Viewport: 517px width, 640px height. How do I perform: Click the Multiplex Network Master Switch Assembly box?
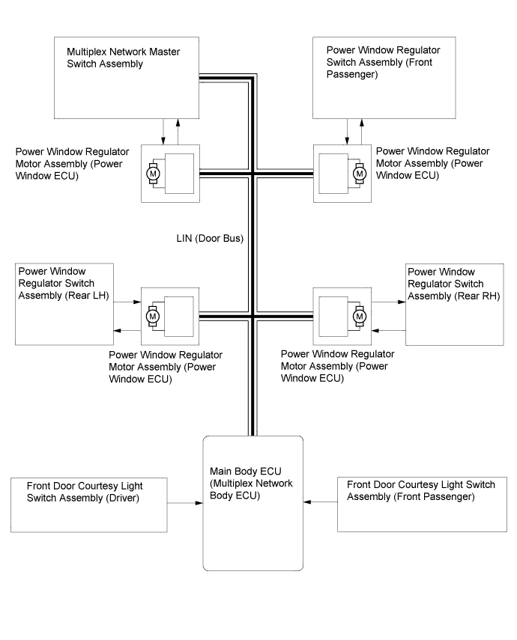point(127,78)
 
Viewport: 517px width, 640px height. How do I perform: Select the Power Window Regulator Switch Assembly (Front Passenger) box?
point(384,78)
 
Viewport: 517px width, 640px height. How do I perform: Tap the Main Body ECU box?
point(253,503)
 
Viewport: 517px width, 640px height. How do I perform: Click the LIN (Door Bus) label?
point(210,238)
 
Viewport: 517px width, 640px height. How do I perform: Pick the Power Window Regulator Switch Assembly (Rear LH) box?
point(64,304)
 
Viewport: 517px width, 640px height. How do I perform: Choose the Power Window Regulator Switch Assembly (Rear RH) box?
point(455,305)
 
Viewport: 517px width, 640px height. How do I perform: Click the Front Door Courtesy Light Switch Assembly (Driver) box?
point(89,505)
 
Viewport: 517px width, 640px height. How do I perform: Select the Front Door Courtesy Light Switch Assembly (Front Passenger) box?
point(422,505)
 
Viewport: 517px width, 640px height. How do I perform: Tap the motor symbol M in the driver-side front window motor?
point(154,174)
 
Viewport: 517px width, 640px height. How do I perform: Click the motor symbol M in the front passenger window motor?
point(360,174)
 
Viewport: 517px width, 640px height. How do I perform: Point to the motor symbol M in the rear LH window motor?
point(153,317)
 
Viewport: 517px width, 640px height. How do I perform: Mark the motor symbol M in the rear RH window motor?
point(360,317)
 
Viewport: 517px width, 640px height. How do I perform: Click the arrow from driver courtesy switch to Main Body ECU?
point(185,503)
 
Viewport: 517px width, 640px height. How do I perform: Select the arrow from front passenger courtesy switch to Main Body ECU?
point(321,502)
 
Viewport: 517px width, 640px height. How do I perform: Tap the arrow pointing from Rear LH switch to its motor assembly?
point(127,302)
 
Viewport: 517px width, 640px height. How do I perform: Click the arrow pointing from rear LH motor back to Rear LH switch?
point(127,330)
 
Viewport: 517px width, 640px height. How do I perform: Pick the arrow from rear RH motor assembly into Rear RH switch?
point(389,302)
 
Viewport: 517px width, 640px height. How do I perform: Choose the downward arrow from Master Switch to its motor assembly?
point(163,132)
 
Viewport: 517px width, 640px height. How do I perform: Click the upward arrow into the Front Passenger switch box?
point(362,132)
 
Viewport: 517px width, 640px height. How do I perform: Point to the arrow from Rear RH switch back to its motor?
point(389,330)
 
